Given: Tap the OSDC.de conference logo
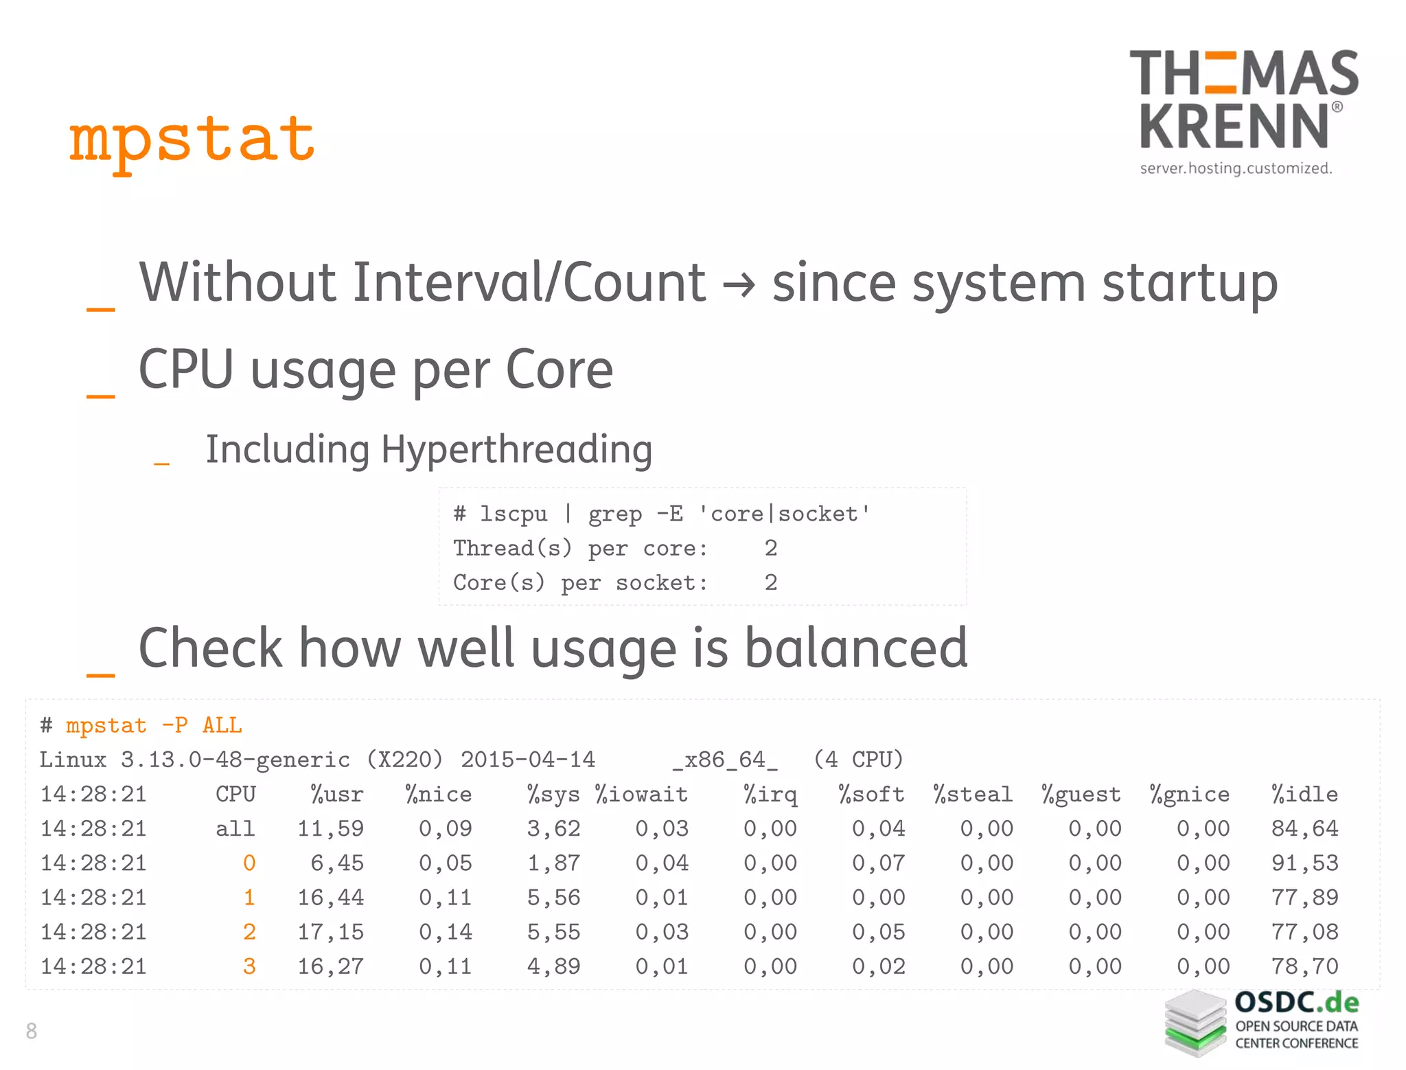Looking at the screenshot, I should (x=1262, y=1022).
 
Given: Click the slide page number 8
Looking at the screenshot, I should (x=31, y=1030).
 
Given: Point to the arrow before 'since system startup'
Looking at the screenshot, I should (x=739, y=284).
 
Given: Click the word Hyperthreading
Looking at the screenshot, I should (x=516, y=450).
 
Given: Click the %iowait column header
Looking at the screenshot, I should (x=641, y=795).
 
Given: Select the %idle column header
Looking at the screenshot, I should (x=1304, y=795).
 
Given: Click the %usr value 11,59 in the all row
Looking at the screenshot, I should (x=330, y=829).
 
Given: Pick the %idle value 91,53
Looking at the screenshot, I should (x=1304, y=863).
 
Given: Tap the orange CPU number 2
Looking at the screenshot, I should (x=249, y=932).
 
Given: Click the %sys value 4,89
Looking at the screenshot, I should (x=553, y=966).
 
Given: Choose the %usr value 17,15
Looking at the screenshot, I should (x=330, y=932).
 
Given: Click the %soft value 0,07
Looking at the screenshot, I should (x=878, y=863).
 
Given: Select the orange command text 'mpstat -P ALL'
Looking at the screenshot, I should (x=154, y=726).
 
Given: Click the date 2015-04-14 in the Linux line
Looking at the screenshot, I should (x=528, y=760).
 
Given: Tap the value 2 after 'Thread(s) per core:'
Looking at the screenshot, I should (x=771, y=548).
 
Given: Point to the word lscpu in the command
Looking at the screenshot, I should (x=514, y=514).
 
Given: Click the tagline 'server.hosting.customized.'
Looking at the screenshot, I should (x=1236, y=168).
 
